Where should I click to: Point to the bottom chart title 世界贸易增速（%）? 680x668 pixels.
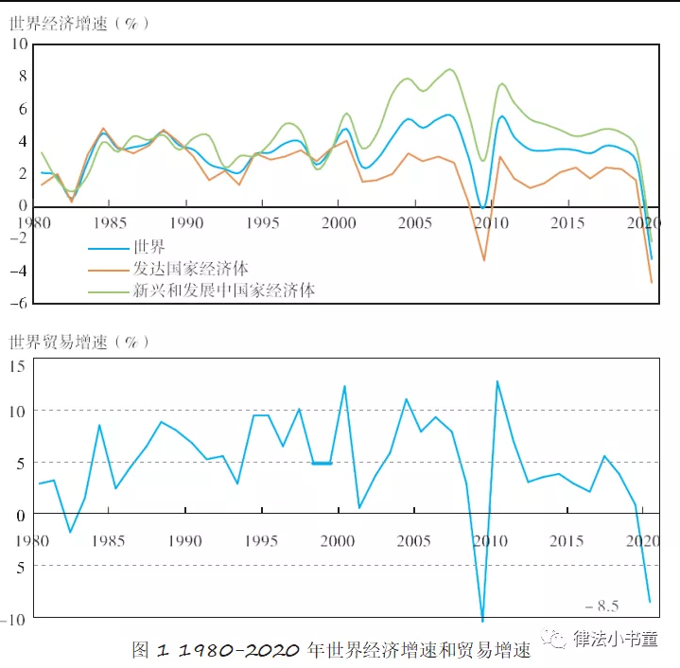coord(79,342)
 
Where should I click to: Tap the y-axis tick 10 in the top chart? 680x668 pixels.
coord(18,44)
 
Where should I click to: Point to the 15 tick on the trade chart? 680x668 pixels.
coord(18,364)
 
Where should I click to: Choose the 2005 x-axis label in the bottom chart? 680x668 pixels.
coord(412,540)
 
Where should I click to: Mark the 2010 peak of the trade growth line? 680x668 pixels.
coord(497,381)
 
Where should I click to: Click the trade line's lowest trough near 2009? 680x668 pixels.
coord(482,621)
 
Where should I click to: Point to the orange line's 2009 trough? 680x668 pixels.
coord(483,260)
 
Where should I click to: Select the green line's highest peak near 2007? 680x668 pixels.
coord(450,69)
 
